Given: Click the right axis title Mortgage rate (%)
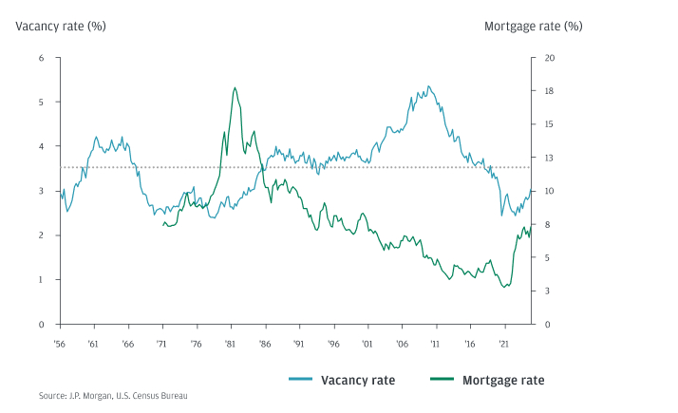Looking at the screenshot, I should [533, 26].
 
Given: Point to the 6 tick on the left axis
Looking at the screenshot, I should [41, 58].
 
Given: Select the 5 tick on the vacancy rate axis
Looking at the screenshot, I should [41, 102].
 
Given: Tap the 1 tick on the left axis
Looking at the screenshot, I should [41, 280].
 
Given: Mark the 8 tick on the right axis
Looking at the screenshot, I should [545, 225].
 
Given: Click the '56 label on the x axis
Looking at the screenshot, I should [60, 346].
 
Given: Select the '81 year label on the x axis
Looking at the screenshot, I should [230, 346].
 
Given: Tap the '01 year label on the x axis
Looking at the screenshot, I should [366, 346].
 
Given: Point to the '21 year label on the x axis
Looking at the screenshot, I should [502, 346].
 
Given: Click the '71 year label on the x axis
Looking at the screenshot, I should [162, 346].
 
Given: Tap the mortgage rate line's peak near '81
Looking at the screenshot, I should [235, 87].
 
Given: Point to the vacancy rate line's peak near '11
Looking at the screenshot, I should [428, 86].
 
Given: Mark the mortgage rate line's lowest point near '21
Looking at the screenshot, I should [506, 287].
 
